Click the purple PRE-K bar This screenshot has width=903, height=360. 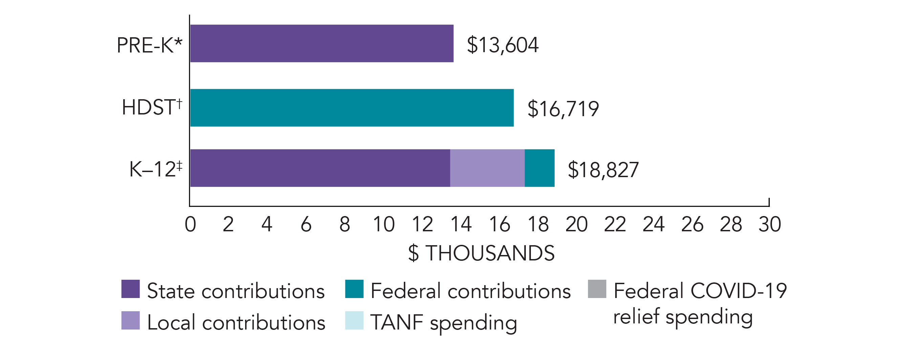coord(321,43)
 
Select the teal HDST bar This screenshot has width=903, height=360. coord(351,108)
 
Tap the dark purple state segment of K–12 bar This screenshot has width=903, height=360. coord(320,168)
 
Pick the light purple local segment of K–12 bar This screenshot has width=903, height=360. coord(487,168)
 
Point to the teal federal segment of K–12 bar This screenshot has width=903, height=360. coord(539,168)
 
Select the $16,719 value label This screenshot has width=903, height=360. coord(563,109)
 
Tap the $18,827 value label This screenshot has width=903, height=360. coord(603,170)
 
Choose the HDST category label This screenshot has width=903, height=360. coord(152,107)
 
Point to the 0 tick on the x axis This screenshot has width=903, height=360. coord(190,224)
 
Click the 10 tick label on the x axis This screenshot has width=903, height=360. coord(384,224)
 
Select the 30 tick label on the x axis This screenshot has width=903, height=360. coord(770,224)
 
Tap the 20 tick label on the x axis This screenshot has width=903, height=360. coord(577,224)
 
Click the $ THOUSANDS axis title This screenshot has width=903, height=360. coord(481,253)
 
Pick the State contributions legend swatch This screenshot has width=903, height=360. coord(130,289)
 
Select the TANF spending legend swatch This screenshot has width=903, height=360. coord(354,320)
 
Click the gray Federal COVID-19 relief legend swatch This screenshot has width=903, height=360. coord(597,289)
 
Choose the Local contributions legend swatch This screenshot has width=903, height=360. coord(130,320)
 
